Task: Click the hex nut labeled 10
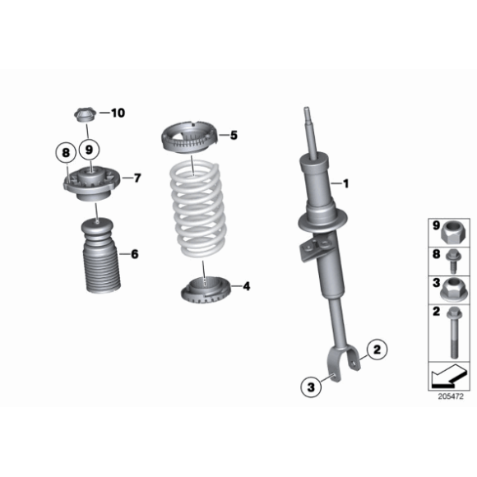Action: (85, 114)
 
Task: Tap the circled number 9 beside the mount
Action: (90, 150)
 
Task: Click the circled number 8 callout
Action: (64, 151)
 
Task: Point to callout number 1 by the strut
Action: (345, 183)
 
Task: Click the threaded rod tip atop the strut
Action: (309, 115)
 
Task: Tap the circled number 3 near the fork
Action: (309, 386)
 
